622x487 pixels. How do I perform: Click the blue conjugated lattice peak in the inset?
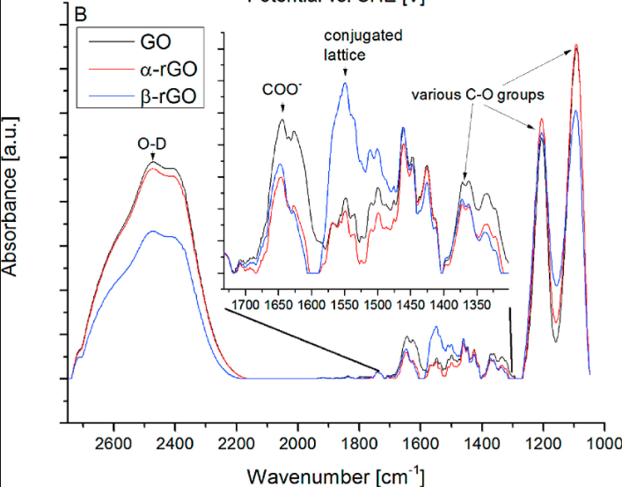tap(345, 84)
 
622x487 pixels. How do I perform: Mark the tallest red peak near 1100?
tap(576, 46)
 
